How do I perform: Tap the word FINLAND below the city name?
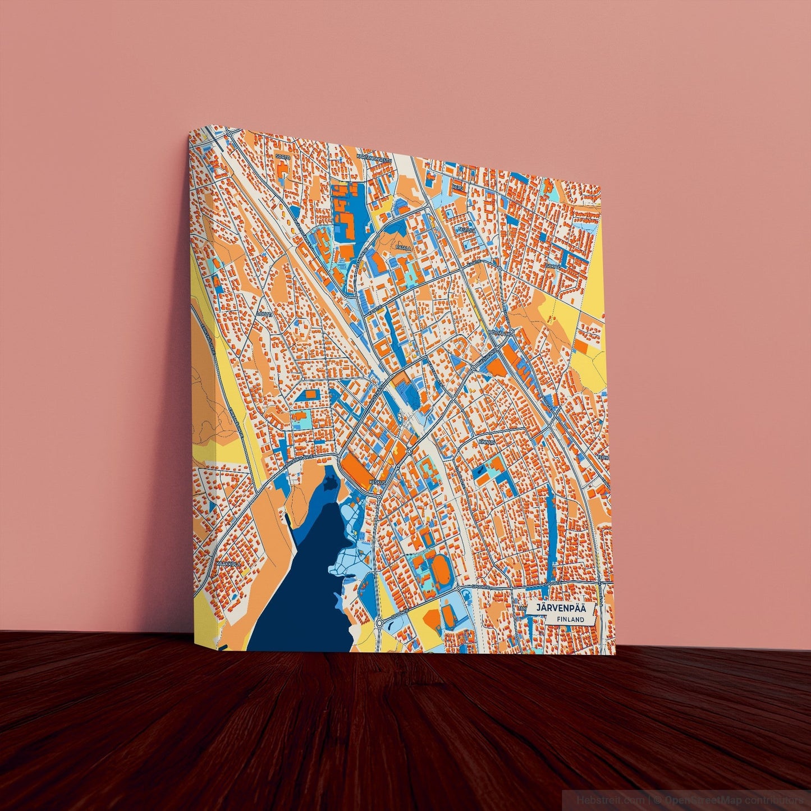click(x=571, y=619)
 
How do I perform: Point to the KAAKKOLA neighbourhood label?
click(x=228, y=563)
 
